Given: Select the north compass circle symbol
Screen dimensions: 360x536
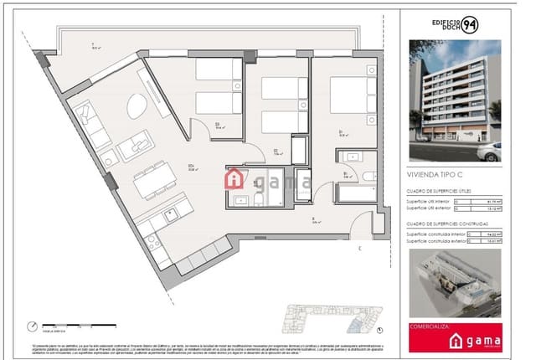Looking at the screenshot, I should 33,327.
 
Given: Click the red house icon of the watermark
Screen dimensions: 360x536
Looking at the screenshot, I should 236,178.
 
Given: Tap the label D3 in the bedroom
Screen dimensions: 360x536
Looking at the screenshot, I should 217,125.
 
